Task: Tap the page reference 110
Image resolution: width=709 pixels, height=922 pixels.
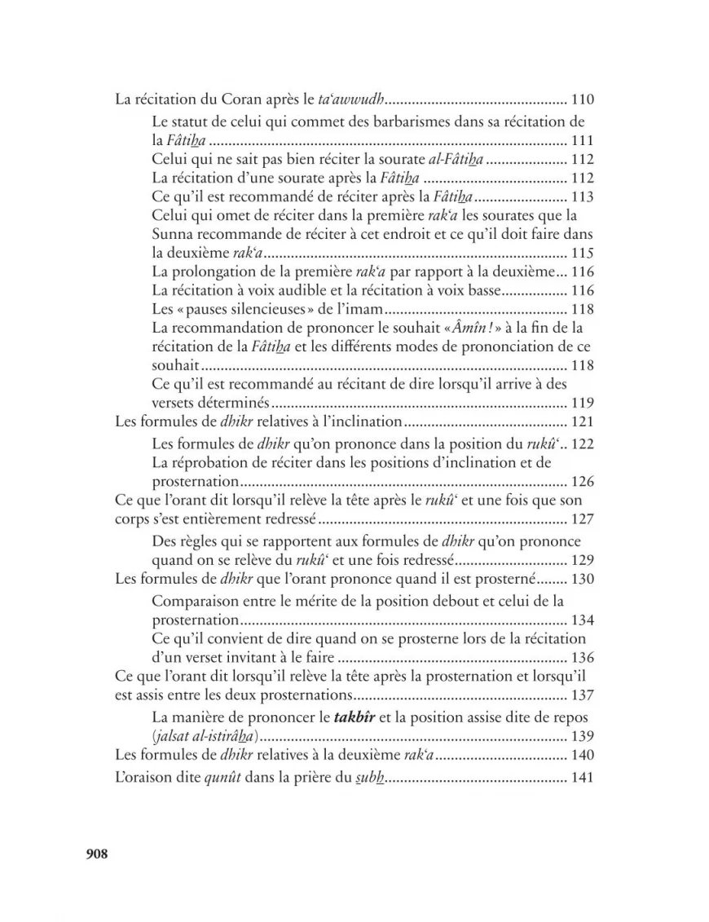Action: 583,101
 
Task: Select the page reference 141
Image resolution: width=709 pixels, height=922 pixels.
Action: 583,778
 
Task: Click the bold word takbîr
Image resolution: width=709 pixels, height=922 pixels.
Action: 359,718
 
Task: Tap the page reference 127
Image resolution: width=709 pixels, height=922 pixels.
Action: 583,519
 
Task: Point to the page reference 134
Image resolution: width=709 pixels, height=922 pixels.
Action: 583,620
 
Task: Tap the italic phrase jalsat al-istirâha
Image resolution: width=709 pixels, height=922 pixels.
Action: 205,737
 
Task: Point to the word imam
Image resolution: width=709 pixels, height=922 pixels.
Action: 361,309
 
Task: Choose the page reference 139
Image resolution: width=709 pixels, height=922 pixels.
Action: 583,737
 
